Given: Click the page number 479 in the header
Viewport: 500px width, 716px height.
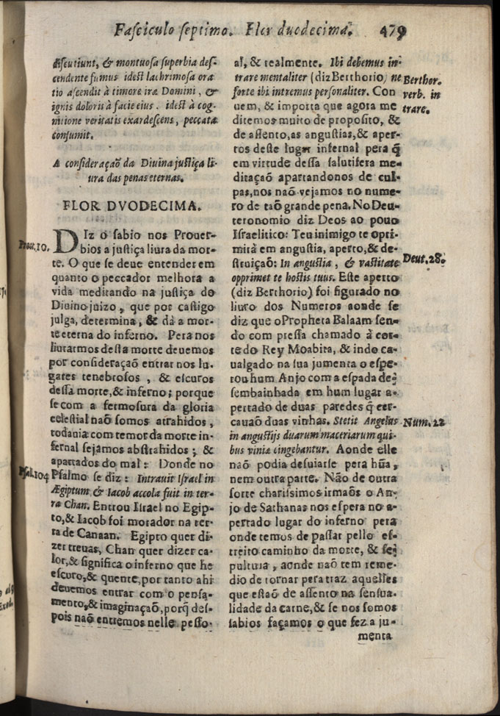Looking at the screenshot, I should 394,30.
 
